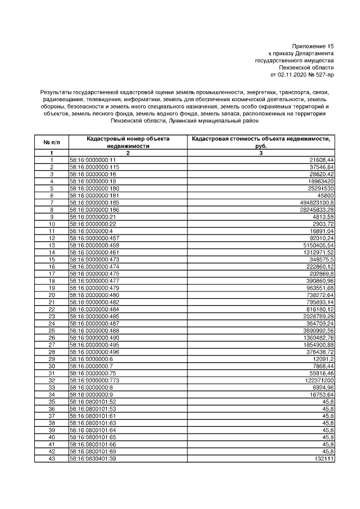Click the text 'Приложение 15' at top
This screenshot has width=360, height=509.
point(313,46)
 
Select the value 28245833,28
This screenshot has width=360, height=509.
point(314,209)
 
